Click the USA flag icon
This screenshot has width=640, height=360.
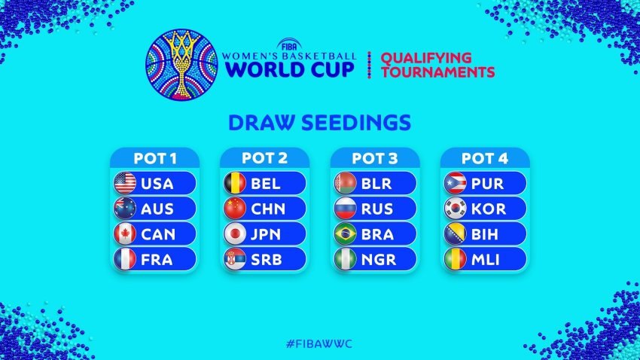pos(125,183)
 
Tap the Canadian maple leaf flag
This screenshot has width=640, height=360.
pos(125,234)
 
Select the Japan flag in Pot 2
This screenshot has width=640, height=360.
pos(235,234)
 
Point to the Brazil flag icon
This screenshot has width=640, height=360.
pos(346,234)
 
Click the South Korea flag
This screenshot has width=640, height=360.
pos(456,209)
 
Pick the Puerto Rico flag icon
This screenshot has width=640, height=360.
pos(456,183)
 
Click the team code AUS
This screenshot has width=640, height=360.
pos(157,209)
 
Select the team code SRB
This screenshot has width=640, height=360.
pos(266,260)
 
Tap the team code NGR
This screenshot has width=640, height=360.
pos(379,260)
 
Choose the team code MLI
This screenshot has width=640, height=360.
pos(486,260)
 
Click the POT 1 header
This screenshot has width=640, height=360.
pos(154,158)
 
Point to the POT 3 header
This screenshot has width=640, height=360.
pos(375,158)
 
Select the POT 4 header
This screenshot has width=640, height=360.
pos(485,158)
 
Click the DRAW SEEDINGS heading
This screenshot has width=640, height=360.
pos(319,123)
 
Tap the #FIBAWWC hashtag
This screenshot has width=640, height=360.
pos(319,343)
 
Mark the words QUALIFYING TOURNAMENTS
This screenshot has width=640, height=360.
pos(437,65)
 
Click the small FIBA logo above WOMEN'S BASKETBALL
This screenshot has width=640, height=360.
pos(289,45)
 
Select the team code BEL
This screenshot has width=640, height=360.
pos(266,184)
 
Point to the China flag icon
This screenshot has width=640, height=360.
pos(235,209)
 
